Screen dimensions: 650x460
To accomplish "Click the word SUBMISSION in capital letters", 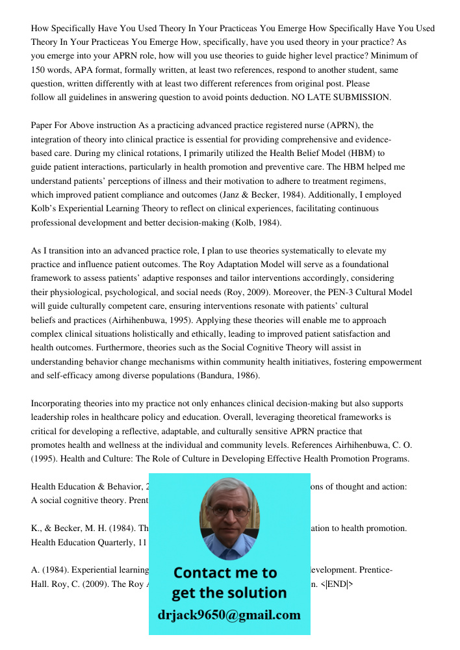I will (x=361, y=97).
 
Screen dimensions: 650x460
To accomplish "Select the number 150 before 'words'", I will (x=39, y=70).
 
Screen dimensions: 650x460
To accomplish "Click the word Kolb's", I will (x=47, y=209).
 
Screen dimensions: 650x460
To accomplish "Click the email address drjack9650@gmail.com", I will (x=229, y=615).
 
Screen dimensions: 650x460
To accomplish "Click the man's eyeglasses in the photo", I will (x=228, y=511).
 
